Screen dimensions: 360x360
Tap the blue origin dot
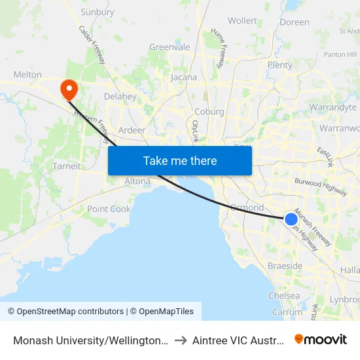[291, 219]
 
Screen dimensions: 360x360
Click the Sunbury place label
[97, 12]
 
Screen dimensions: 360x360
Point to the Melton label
[27, 75]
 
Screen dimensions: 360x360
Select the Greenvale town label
[170, 47]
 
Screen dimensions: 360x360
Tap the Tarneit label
[67, 166]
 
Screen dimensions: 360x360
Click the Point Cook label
[109, 209]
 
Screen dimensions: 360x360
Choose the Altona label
[137, 181]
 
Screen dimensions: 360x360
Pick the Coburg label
[209, 112]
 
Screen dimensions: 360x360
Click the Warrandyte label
[333, 107]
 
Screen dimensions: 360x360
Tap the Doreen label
[294, 22]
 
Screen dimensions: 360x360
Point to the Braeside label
[285, 266]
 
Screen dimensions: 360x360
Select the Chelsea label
[284, 296]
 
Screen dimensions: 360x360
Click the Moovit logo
[320, 339]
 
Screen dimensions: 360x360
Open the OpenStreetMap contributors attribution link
[65, 312]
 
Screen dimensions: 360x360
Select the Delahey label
[120, 97]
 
